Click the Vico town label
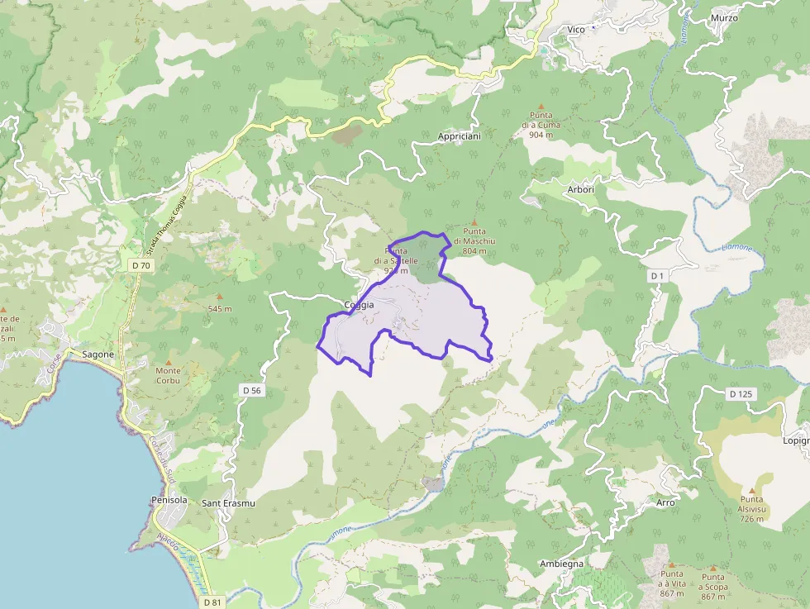click(x=576, y=30)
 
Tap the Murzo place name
click(x=724, y=17)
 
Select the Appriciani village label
click(x=460, y=135)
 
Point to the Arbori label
click(x=581, y=189)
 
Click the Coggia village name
click(x=359, y=305)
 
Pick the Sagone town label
click(x=98, y=354)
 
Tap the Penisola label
click(x=169, y=501)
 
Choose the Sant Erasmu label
click(x=228, y=503)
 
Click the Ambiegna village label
click(x=561, y=564)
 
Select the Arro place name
click(x=665, y=502)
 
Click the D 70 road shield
click(x=141, y=265)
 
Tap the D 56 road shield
click(x=252, y=389)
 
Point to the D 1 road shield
click(x=658, y=275)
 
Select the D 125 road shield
click(x=741, y=394)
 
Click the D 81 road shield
click(x=212, y=602)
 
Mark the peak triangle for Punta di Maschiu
click(x=474, y=221)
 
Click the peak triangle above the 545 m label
click(x=220, y=297)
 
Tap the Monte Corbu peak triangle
click(x=169, y=362)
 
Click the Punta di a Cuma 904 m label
click(x=541, y=125)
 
